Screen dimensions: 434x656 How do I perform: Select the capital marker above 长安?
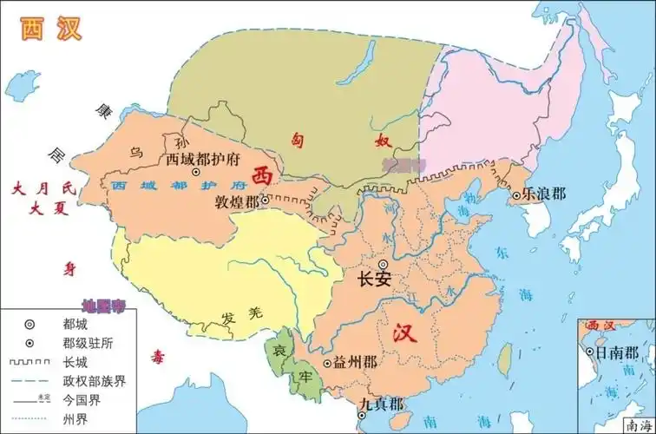pyautogui.click(x=383, y=263)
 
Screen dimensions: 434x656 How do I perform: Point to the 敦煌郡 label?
pyautogui.click(x=236, y=201)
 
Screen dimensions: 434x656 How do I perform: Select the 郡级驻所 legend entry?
pyautogui.click(x=87, y=342)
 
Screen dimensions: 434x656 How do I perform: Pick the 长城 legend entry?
pyautogui.click(x=76, y=361)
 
